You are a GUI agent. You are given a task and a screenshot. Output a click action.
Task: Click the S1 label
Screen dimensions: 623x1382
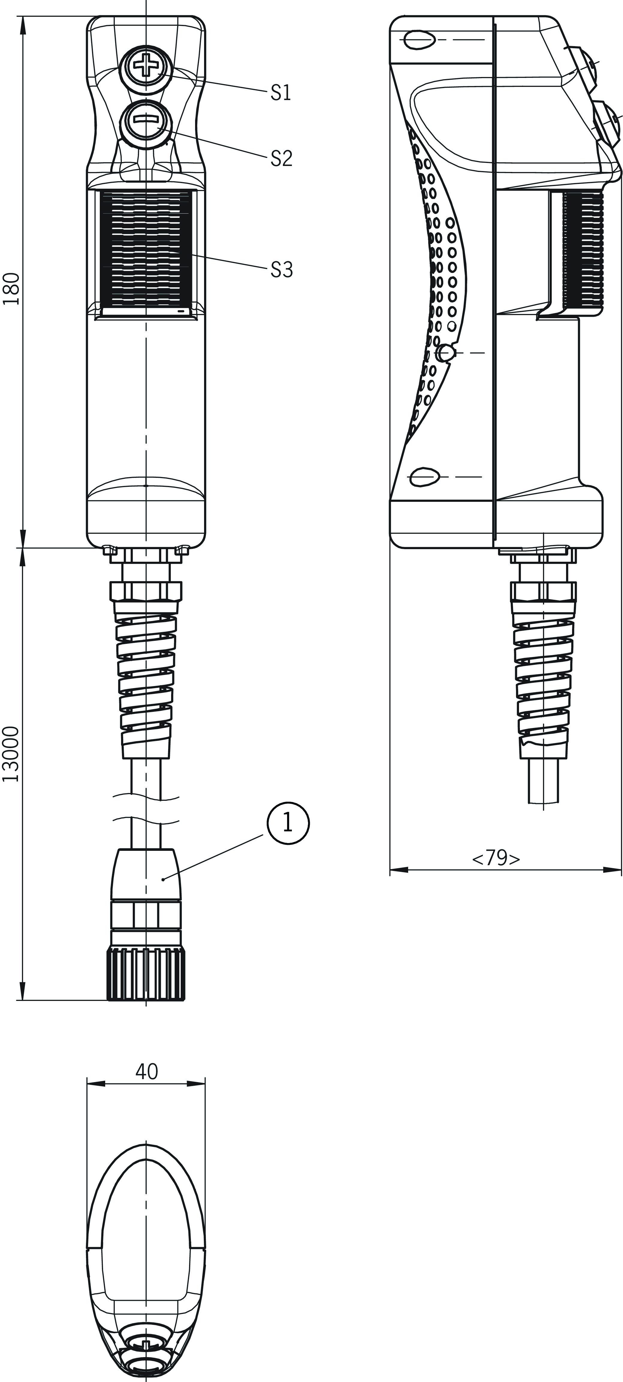pyautogui.click(x=281, y=93)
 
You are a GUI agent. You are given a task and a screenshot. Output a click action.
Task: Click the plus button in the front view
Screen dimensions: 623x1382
pyautogui.click(x=145, y=67)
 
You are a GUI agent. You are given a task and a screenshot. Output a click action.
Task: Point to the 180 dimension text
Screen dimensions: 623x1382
pyautogui.click(x=11, y=289)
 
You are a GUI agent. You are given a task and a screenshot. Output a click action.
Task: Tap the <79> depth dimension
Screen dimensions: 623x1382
pyautogui.click(x=496, y=858)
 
